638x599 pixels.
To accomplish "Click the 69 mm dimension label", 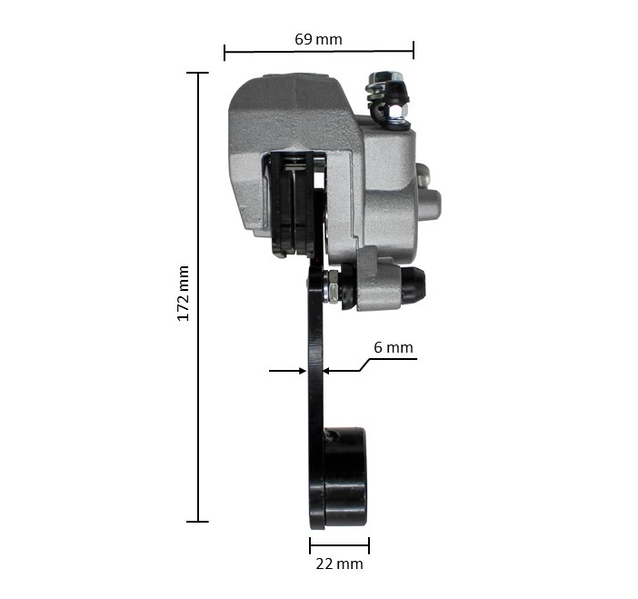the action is click(318, 39).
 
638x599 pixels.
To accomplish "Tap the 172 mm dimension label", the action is click(183, 294).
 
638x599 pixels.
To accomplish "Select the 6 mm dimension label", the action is click(393, 347).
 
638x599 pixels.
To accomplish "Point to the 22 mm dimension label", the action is click(339, 564).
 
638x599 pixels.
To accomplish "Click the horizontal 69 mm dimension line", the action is click(319, 52).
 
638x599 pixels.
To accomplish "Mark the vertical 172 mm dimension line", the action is click(198, 297).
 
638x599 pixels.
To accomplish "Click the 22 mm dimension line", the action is click(339, 545).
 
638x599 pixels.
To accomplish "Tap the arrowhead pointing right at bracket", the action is click(303, 371).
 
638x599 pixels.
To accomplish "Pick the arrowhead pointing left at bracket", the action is click(327, 371).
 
